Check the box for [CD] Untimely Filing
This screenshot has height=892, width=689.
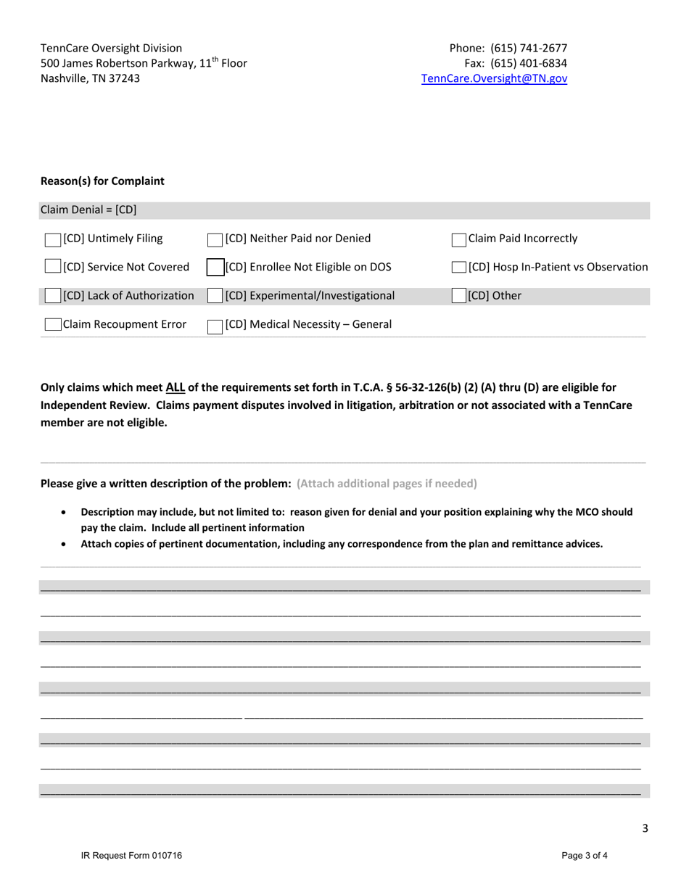coord(53,239)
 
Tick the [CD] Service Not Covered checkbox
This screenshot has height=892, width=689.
coord(53,268)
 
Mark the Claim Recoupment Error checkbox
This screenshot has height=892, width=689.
coord(53,325)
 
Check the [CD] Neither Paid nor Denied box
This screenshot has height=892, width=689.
coord(215,239)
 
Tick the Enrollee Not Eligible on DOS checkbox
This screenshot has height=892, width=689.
coord(215,267)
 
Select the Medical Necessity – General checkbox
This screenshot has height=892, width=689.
coord(215,325)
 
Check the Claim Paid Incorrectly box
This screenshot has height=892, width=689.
coord(459,239)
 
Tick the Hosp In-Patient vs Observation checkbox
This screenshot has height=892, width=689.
coord(459,268)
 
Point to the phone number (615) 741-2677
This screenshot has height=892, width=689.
coord(529,49)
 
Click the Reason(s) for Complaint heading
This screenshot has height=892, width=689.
coord(102,181)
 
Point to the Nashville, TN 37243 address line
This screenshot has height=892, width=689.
coord(91,78)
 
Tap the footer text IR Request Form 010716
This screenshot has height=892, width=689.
coord(131,856)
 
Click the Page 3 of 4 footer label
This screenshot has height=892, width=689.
coord(585,856)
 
